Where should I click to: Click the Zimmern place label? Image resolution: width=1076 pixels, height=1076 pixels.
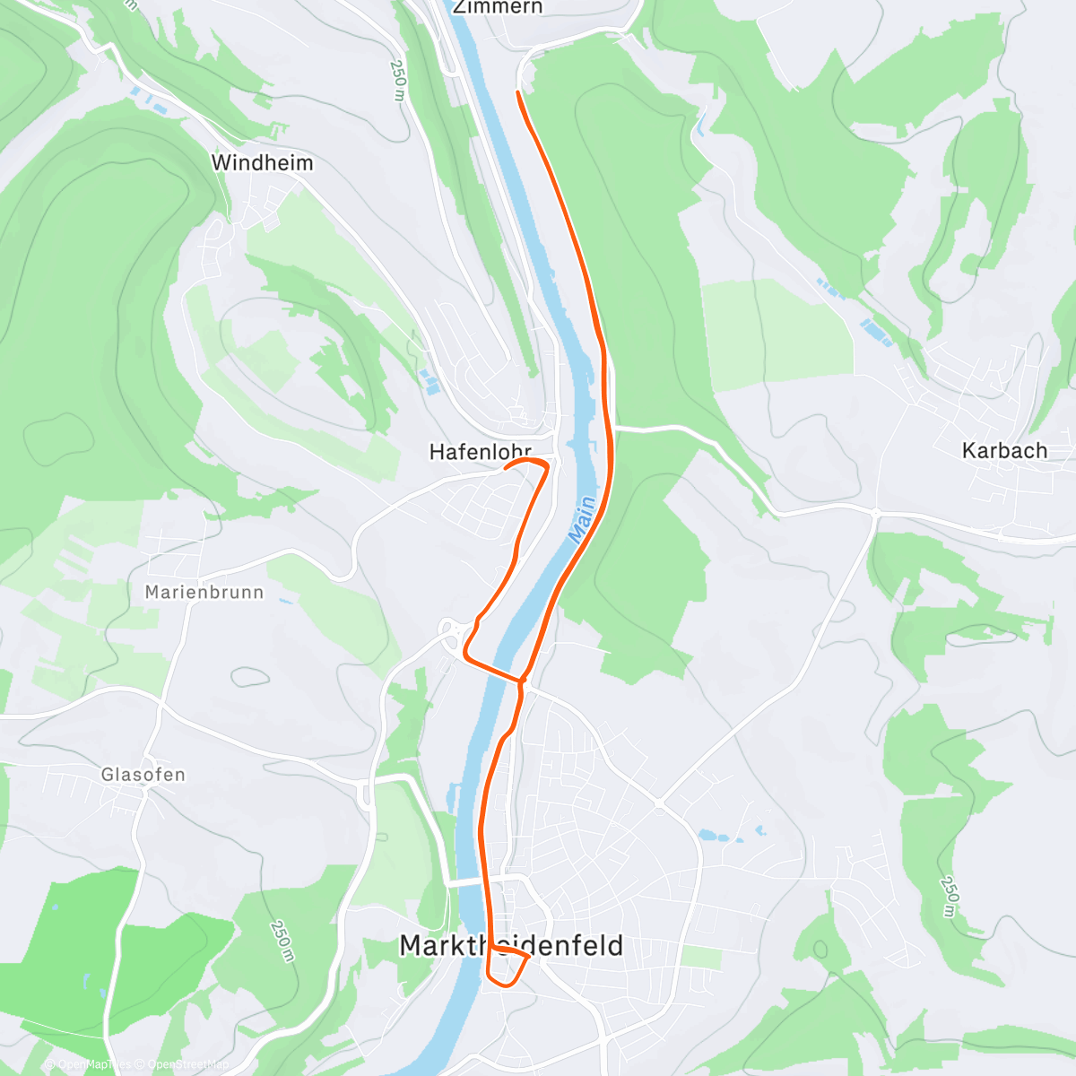(497, 7)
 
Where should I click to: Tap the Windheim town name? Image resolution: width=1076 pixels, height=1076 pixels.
(262, 163)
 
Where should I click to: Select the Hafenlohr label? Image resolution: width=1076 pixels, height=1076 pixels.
(481, 452)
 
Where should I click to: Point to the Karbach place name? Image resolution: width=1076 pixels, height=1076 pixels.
(1004, 451)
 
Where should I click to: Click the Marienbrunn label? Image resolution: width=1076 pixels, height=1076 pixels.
(204, 593)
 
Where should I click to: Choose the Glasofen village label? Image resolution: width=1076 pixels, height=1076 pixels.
(143, 775)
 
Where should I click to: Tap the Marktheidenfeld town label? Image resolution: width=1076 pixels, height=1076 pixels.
(511, 946)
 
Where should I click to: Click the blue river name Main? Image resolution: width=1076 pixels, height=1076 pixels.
(582, 518)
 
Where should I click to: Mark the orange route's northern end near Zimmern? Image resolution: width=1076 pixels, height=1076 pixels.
(519, 92)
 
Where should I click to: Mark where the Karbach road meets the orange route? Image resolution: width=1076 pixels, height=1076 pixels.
(612, 429)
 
